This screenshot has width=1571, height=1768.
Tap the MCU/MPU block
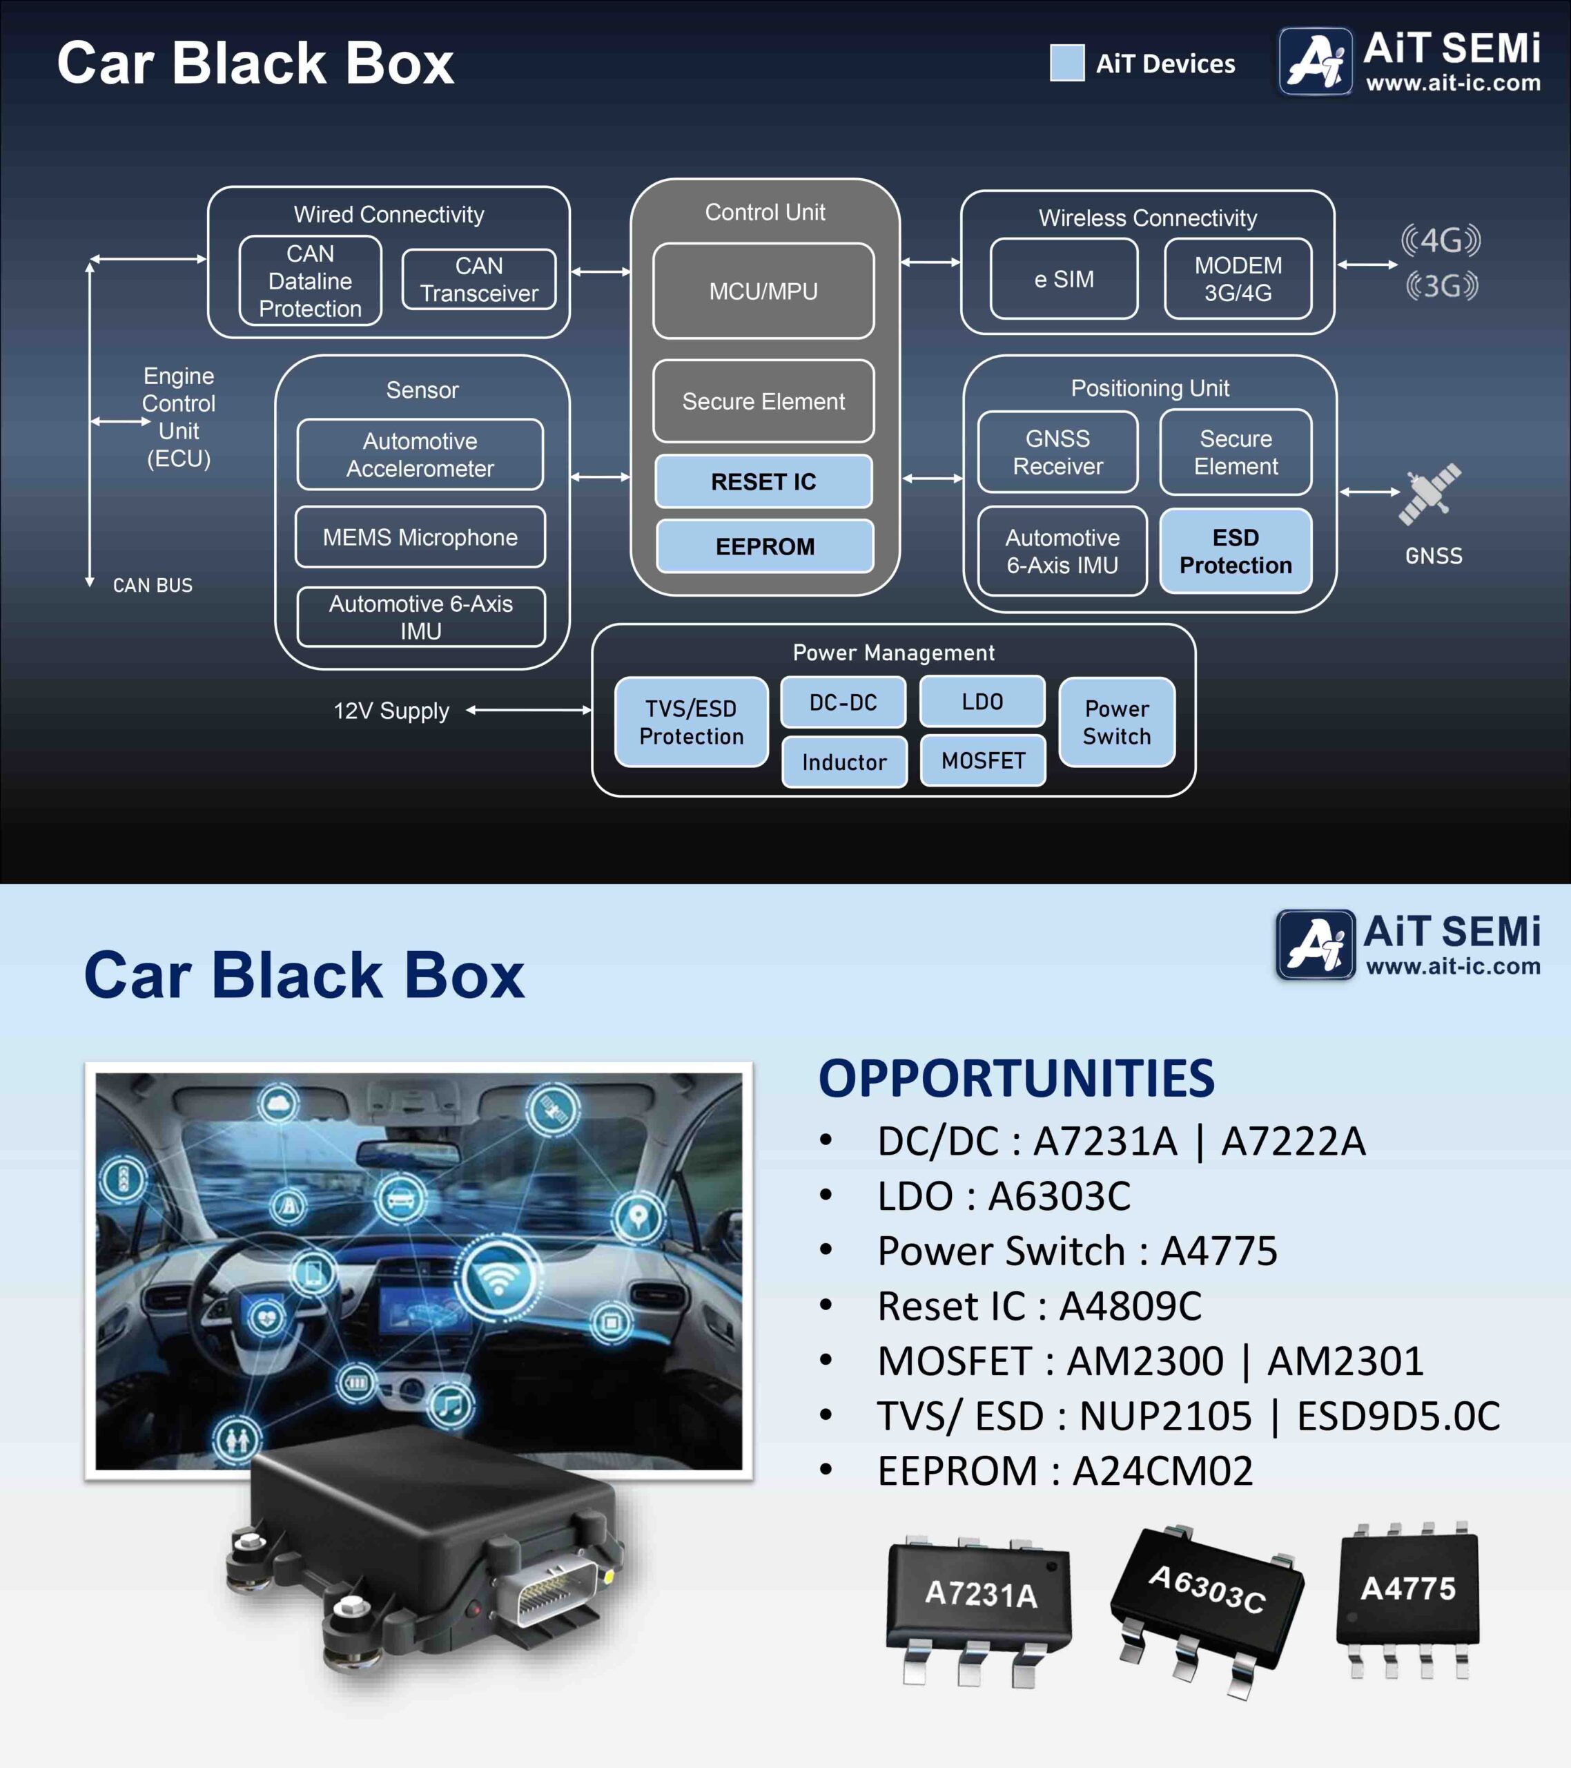763,291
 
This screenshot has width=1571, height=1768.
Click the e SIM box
1064,278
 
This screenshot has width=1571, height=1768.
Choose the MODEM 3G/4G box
1238,278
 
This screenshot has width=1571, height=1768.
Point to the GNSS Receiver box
1058,452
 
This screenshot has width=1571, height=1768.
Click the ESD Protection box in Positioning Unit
1236,551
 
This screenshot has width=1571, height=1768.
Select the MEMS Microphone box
420,537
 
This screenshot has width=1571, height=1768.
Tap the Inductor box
845,762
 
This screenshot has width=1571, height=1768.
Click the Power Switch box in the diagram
1117,722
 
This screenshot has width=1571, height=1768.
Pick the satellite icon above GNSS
1430,494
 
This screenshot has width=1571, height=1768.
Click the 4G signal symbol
1441,240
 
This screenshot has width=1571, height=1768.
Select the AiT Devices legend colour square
1067,62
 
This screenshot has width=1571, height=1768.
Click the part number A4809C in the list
1131,1306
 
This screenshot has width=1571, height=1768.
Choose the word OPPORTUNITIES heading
1017,1079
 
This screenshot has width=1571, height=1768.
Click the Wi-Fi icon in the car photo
499,1278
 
